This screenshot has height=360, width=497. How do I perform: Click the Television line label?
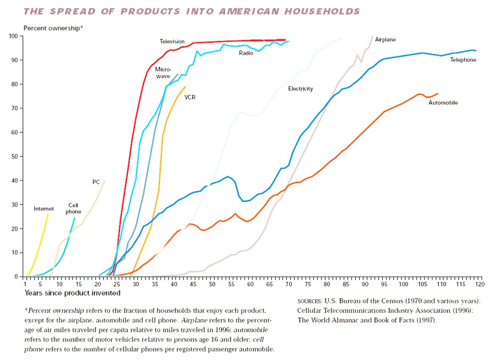[x=172, y=41]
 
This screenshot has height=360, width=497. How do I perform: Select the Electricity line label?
[x=300, y=89]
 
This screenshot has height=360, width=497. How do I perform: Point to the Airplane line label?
[x=385, y=39]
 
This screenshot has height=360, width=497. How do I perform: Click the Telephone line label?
[x=463, y=60]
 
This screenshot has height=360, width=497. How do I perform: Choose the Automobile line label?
[x=443, y=102]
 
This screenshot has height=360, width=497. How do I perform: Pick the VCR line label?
[x=190, y=97]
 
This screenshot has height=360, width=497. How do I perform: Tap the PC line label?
[x=96, y=182]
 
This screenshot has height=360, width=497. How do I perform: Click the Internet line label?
[x=44, y=209]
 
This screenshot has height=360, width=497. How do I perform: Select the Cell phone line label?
[x=74, y=208]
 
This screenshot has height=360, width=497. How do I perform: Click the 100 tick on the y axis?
[x=13, y=36]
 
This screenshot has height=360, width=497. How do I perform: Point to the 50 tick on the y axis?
[x=15, y=156]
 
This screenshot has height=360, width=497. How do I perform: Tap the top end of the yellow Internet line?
[x=48, y=214]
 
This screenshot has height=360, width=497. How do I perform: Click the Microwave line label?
[x=163, y=73]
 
